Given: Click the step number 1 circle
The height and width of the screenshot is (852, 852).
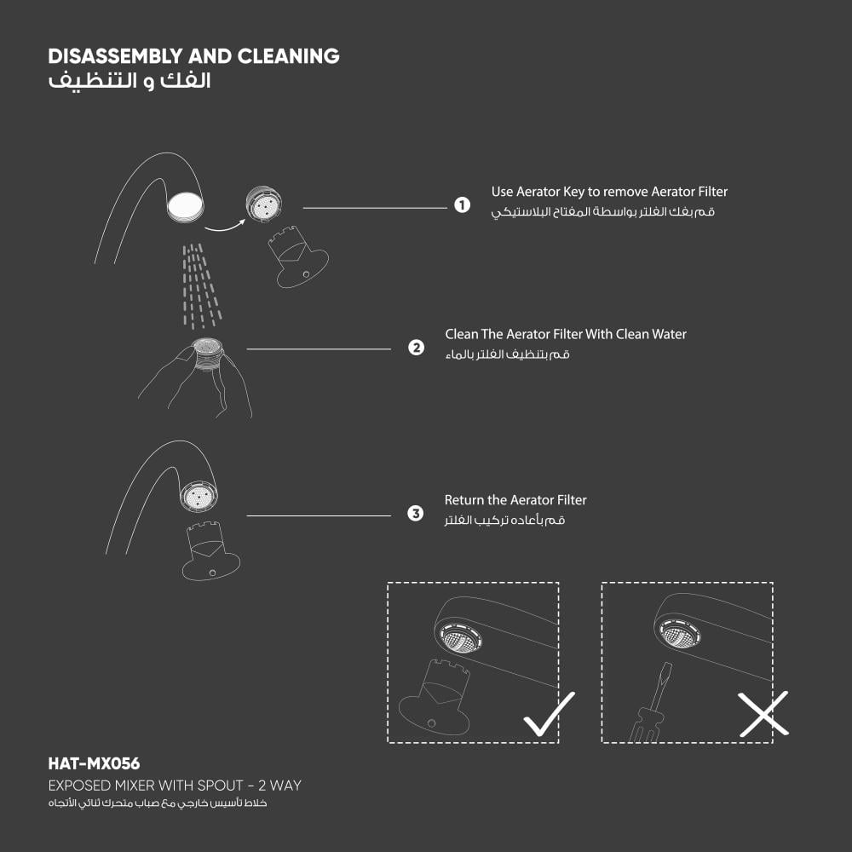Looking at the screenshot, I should [462, 205].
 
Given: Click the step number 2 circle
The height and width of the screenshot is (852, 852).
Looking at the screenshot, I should [416, 348].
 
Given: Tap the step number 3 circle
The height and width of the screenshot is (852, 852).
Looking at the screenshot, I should [416, 514].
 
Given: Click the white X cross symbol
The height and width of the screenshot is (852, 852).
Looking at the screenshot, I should [763, 714].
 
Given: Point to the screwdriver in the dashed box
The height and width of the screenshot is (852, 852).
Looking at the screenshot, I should [649, 705].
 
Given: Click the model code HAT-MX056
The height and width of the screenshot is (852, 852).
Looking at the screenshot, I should [94, 764].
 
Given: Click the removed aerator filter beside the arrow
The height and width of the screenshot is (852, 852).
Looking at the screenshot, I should [263, 204].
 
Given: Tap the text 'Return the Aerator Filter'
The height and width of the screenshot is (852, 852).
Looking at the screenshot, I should [515, 500].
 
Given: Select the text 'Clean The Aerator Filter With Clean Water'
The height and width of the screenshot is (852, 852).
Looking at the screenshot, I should [566, 334].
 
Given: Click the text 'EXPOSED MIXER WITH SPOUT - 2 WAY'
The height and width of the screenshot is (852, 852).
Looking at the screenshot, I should [175, 785].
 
